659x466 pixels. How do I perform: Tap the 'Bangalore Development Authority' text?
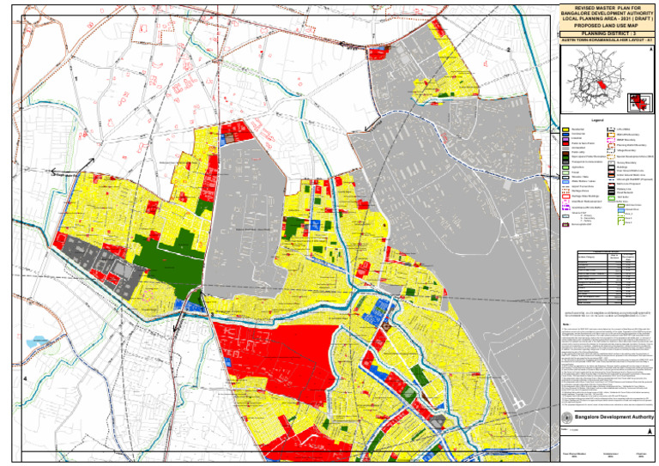[613, 415]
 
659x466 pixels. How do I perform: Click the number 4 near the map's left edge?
[26, 378]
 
